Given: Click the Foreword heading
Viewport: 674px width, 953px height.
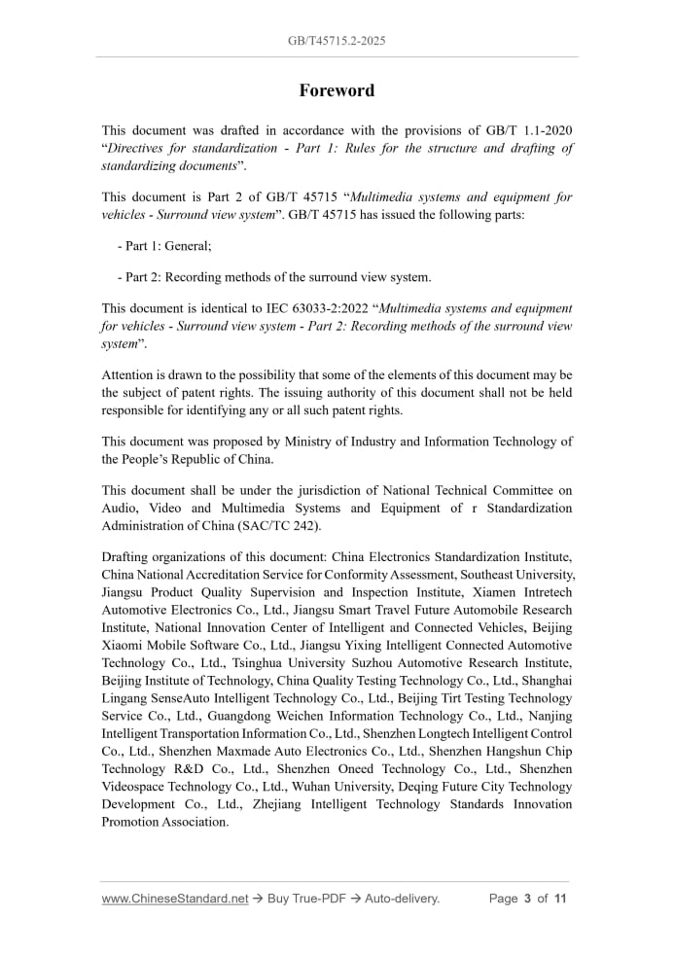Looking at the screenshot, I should coord(337,90).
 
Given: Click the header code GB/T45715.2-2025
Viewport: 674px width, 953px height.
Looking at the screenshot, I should coord(337,41).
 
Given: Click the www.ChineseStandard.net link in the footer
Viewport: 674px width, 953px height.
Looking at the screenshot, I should coord(175,899).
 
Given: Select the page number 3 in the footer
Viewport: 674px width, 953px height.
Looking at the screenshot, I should coord(528,899).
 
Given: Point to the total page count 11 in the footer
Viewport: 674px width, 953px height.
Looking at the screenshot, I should coord(560,899).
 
